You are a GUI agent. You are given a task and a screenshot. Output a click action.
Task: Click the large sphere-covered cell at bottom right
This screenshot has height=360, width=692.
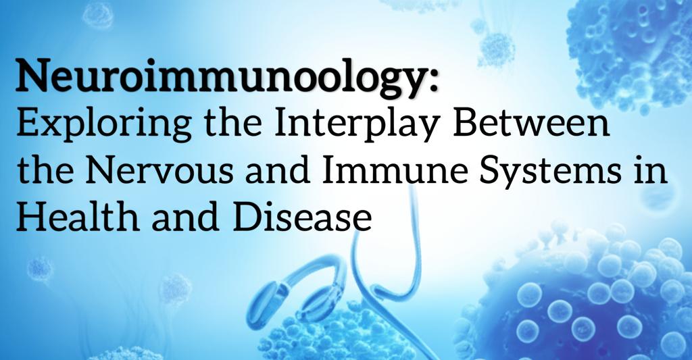click(x=595, y=297)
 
